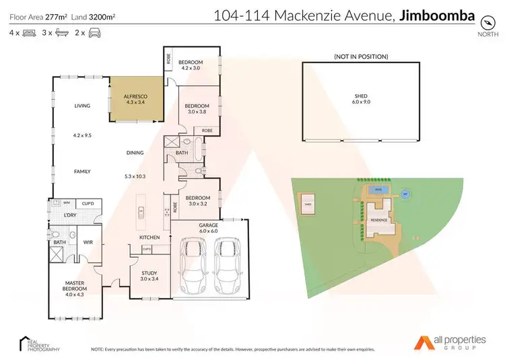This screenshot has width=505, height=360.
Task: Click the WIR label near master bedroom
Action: (x=87, y=241)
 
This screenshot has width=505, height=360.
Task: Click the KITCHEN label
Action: (x=148, y=238)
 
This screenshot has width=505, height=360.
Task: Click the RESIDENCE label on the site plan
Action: (x=378, y=219)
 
